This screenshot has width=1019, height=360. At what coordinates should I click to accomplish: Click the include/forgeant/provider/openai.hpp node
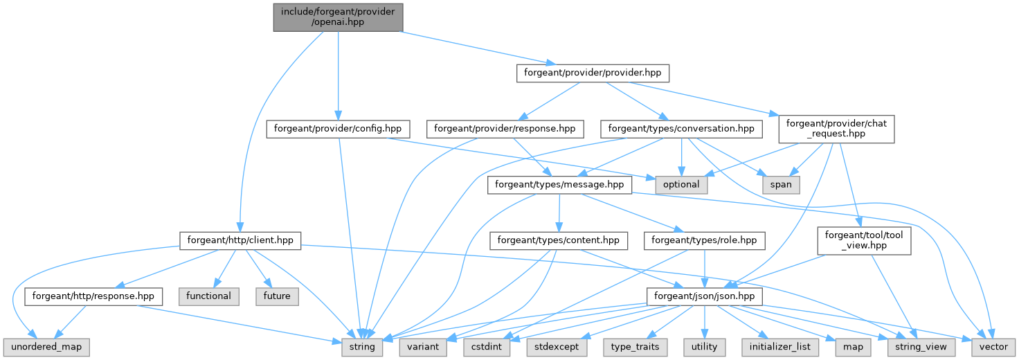[x=338, y=16]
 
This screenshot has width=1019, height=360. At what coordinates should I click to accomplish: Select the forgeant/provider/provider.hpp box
[x=593, y=73]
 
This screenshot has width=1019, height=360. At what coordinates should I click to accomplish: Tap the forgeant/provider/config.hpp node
[x=337, y=129]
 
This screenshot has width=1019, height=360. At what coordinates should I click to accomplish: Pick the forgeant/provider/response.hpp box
[x=505, y=129]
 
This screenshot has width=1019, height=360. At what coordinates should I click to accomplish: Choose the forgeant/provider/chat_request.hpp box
[x=836, y=129]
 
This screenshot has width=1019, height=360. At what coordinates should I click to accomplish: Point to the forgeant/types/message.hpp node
[x=559, y=185]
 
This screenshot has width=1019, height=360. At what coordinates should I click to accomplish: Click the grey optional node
[x=681, y=185]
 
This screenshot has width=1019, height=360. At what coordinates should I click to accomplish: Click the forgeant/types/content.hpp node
[x=559, y=241]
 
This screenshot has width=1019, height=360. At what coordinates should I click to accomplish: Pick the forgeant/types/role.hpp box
[x=705, y=241]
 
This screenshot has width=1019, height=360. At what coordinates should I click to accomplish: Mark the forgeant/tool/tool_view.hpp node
[x=864, y=241]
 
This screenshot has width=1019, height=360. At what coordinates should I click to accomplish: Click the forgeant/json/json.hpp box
[x=705, y=296]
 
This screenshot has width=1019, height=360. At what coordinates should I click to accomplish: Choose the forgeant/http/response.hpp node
[x=93, y=296]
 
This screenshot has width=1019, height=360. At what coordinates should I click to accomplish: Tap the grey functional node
[x=208, y=296]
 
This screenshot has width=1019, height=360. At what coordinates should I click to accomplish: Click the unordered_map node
[x=46, y=346]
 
